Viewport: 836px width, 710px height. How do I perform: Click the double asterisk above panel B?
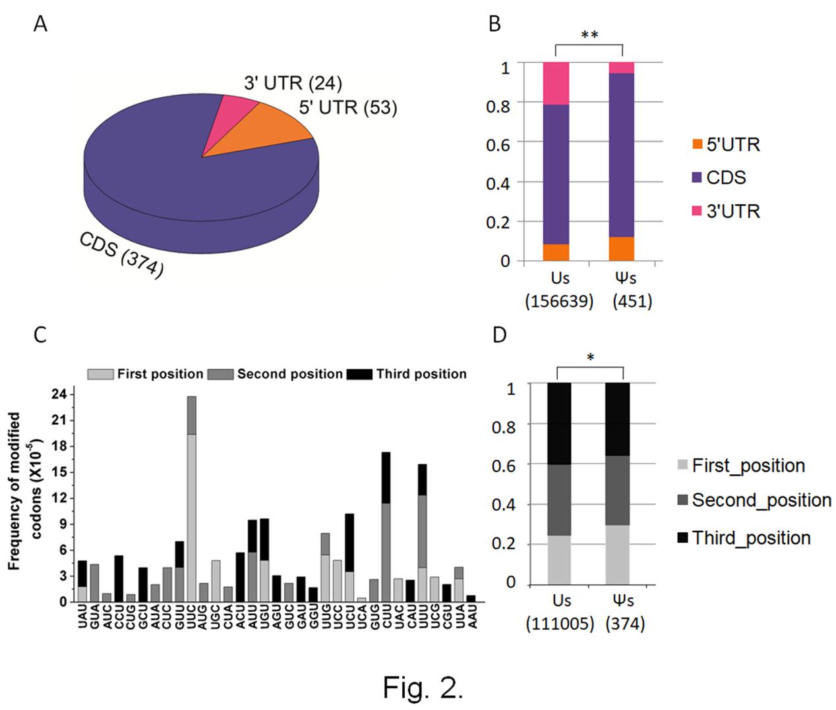click(589, 35)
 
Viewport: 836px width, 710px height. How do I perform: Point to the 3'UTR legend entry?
click(725, 211)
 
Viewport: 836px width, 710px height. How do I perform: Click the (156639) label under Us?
click(559, 302)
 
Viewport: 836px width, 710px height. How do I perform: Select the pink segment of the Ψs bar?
click(622, 68)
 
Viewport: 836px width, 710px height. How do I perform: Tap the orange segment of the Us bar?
click(556, 253)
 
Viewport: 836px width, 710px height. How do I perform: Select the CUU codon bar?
click(386, 527)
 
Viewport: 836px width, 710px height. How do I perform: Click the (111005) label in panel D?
click(559, 623)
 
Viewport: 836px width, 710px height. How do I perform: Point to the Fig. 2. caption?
click(423, 688)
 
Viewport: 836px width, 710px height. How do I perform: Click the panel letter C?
click(40, 335)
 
